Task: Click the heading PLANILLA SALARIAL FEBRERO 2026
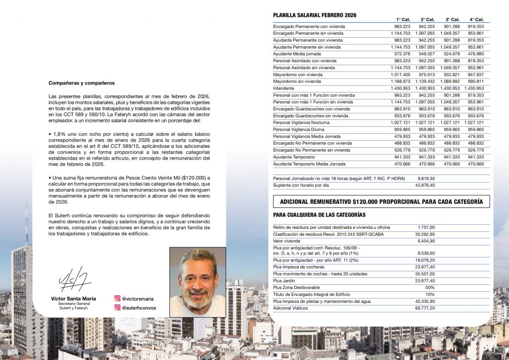point(315,15)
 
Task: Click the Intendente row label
point(284,88)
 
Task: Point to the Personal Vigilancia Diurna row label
point(299,129)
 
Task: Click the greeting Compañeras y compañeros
point(81,83)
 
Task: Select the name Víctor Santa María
point(74,299)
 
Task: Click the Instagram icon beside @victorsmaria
point(117,299)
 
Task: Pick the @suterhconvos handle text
point(139,308)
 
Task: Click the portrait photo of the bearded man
point(198,282)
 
